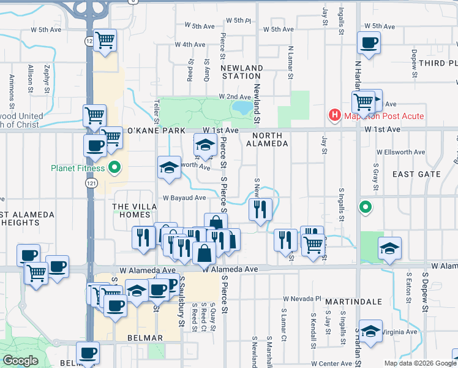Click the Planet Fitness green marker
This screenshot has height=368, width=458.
(114, 167)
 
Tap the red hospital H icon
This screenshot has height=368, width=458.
(334, 115)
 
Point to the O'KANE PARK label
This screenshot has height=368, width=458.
(155, 131)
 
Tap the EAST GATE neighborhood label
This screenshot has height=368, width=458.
(416, 174)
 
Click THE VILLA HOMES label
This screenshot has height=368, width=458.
(132, 211)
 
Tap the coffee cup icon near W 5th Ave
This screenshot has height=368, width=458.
(369, 44)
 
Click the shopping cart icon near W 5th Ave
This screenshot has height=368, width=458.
(105, 40)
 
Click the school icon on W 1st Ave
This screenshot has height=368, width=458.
(205, 146)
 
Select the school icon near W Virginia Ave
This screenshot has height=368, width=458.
(370, 331)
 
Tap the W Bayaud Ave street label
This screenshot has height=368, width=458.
(184, 197)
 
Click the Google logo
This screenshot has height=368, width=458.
(20, 361)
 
